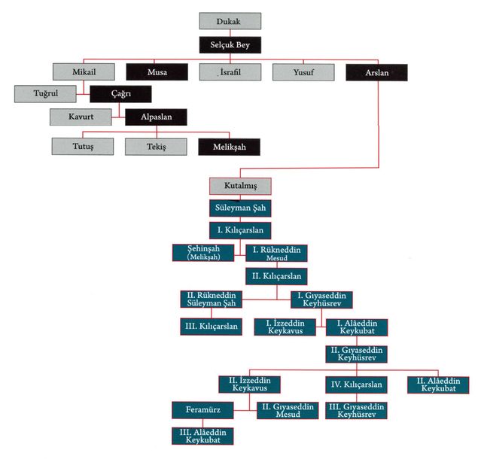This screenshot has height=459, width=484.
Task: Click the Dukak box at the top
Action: coord(230,21)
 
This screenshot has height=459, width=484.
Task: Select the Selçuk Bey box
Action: coord(230,46)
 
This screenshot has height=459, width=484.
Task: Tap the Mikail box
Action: coord(84,72)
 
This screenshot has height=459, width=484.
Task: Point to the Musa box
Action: coord(157,72)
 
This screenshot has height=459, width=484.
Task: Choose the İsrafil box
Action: coord(230,72)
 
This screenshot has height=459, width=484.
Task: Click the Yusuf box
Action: coord(303,72)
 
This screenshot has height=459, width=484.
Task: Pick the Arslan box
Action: coord(376,72)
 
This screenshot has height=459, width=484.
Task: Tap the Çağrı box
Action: coord(120,94)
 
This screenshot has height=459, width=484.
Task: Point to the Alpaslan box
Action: coord(156,117)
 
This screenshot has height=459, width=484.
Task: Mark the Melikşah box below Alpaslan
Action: coord(230,144)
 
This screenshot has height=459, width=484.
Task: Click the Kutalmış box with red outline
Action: coord(239,185)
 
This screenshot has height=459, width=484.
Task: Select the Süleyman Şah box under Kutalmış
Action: coord(239,208)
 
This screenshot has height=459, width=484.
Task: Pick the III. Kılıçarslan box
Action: coord(211,327)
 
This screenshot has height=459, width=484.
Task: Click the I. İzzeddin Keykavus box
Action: coord(284,327)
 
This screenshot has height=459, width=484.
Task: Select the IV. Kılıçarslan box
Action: coord(357,385)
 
